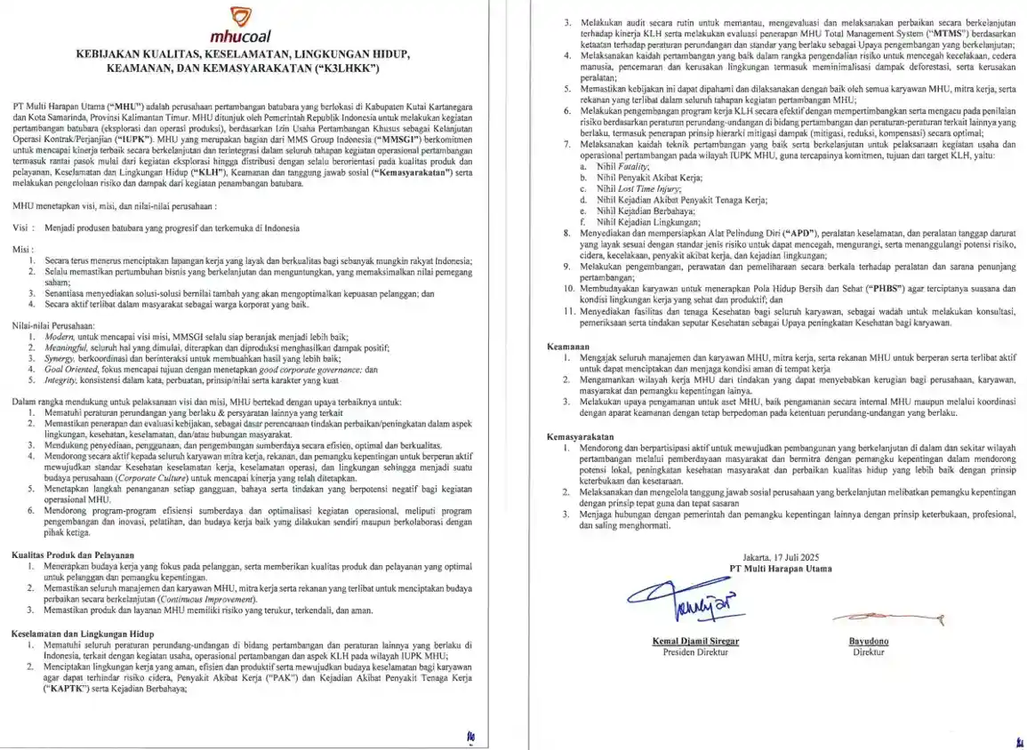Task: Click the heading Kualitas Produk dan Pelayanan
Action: pyautogui.click(x=73, y=554)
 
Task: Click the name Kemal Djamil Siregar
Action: pyautogui.click(x=695, y=640)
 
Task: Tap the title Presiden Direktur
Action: pyautogui.click(x=695, y=651)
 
